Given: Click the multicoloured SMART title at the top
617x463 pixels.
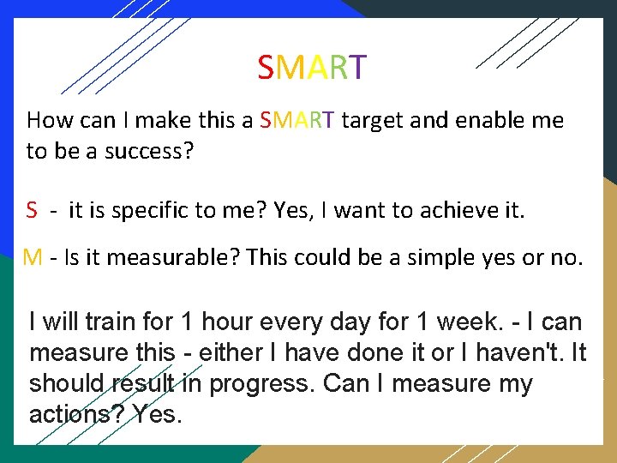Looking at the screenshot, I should click(312, 67).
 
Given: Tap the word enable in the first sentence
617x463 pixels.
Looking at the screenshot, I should click(476, 121).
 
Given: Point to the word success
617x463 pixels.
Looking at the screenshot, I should click(147, 152).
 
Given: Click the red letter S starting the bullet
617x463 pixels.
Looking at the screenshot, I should click(32, 209).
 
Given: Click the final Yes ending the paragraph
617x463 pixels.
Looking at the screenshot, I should click(158, 415).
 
